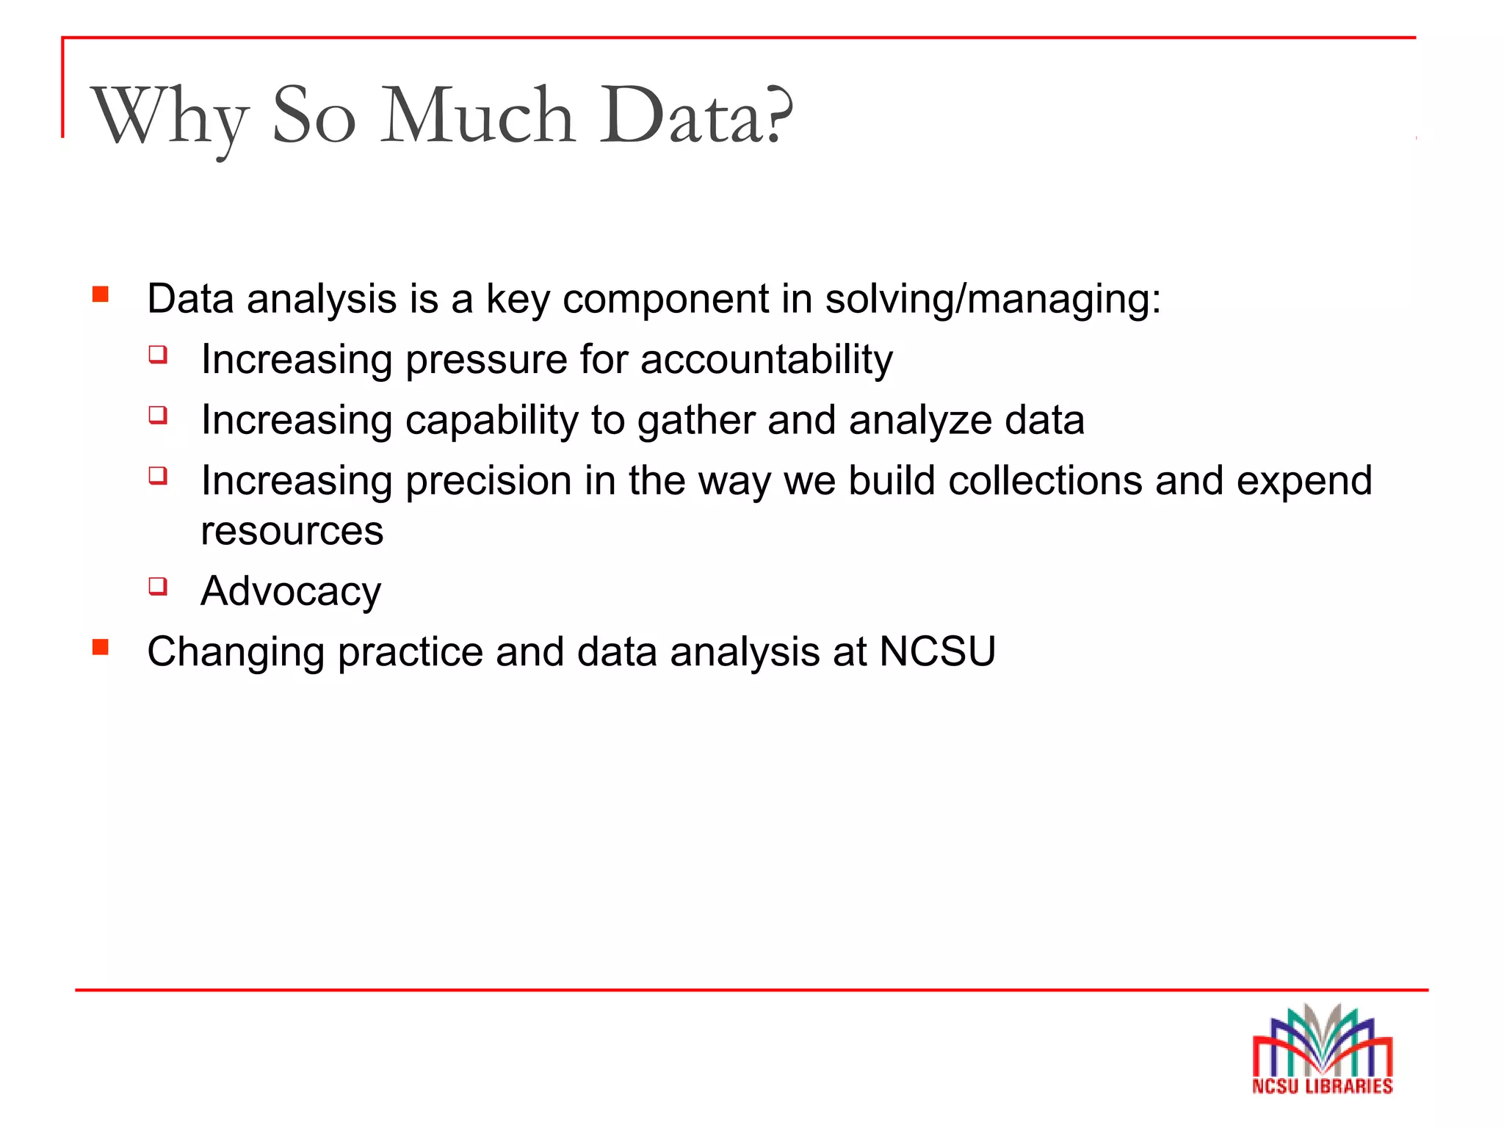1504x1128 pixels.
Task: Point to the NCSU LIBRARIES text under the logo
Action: tap(1322, 1086)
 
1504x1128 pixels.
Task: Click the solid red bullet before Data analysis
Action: tap(101, 295)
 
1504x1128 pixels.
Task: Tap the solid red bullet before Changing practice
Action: tap(101, 648)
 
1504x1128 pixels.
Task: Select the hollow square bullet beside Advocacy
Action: tap(158, 586)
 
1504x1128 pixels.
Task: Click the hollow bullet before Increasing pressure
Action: tap(158, 355)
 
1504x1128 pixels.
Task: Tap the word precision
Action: tap(488, 482)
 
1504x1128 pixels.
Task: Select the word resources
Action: tap(292, 531)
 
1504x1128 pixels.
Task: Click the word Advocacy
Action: tap(291, 592)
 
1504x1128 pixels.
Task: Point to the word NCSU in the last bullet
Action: tap(937, 651)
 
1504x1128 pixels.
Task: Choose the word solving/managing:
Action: tap(993, 300)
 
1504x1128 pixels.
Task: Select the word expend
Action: tap(1304, 482)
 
